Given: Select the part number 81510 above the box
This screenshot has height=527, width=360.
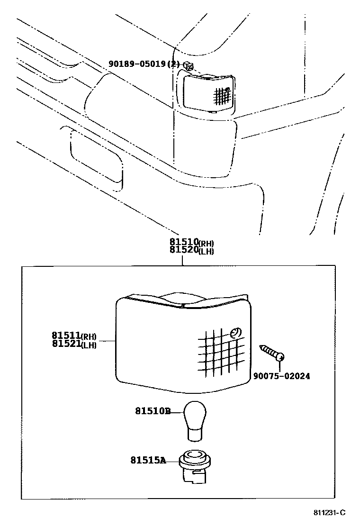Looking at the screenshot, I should coord(184,243).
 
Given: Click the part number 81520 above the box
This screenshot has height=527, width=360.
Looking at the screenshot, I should coord(184,250).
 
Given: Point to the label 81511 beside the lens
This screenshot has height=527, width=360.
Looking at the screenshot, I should coord(66,336).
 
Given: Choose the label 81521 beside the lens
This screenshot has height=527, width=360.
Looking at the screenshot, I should coord(66,344).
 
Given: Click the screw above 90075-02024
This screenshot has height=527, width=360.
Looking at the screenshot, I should coord(272,353).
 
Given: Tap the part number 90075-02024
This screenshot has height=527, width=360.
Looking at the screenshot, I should coord(281,376).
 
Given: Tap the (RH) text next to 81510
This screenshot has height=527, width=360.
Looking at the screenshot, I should coord(206,245).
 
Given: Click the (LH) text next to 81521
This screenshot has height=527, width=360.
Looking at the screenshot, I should coord(89,345).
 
